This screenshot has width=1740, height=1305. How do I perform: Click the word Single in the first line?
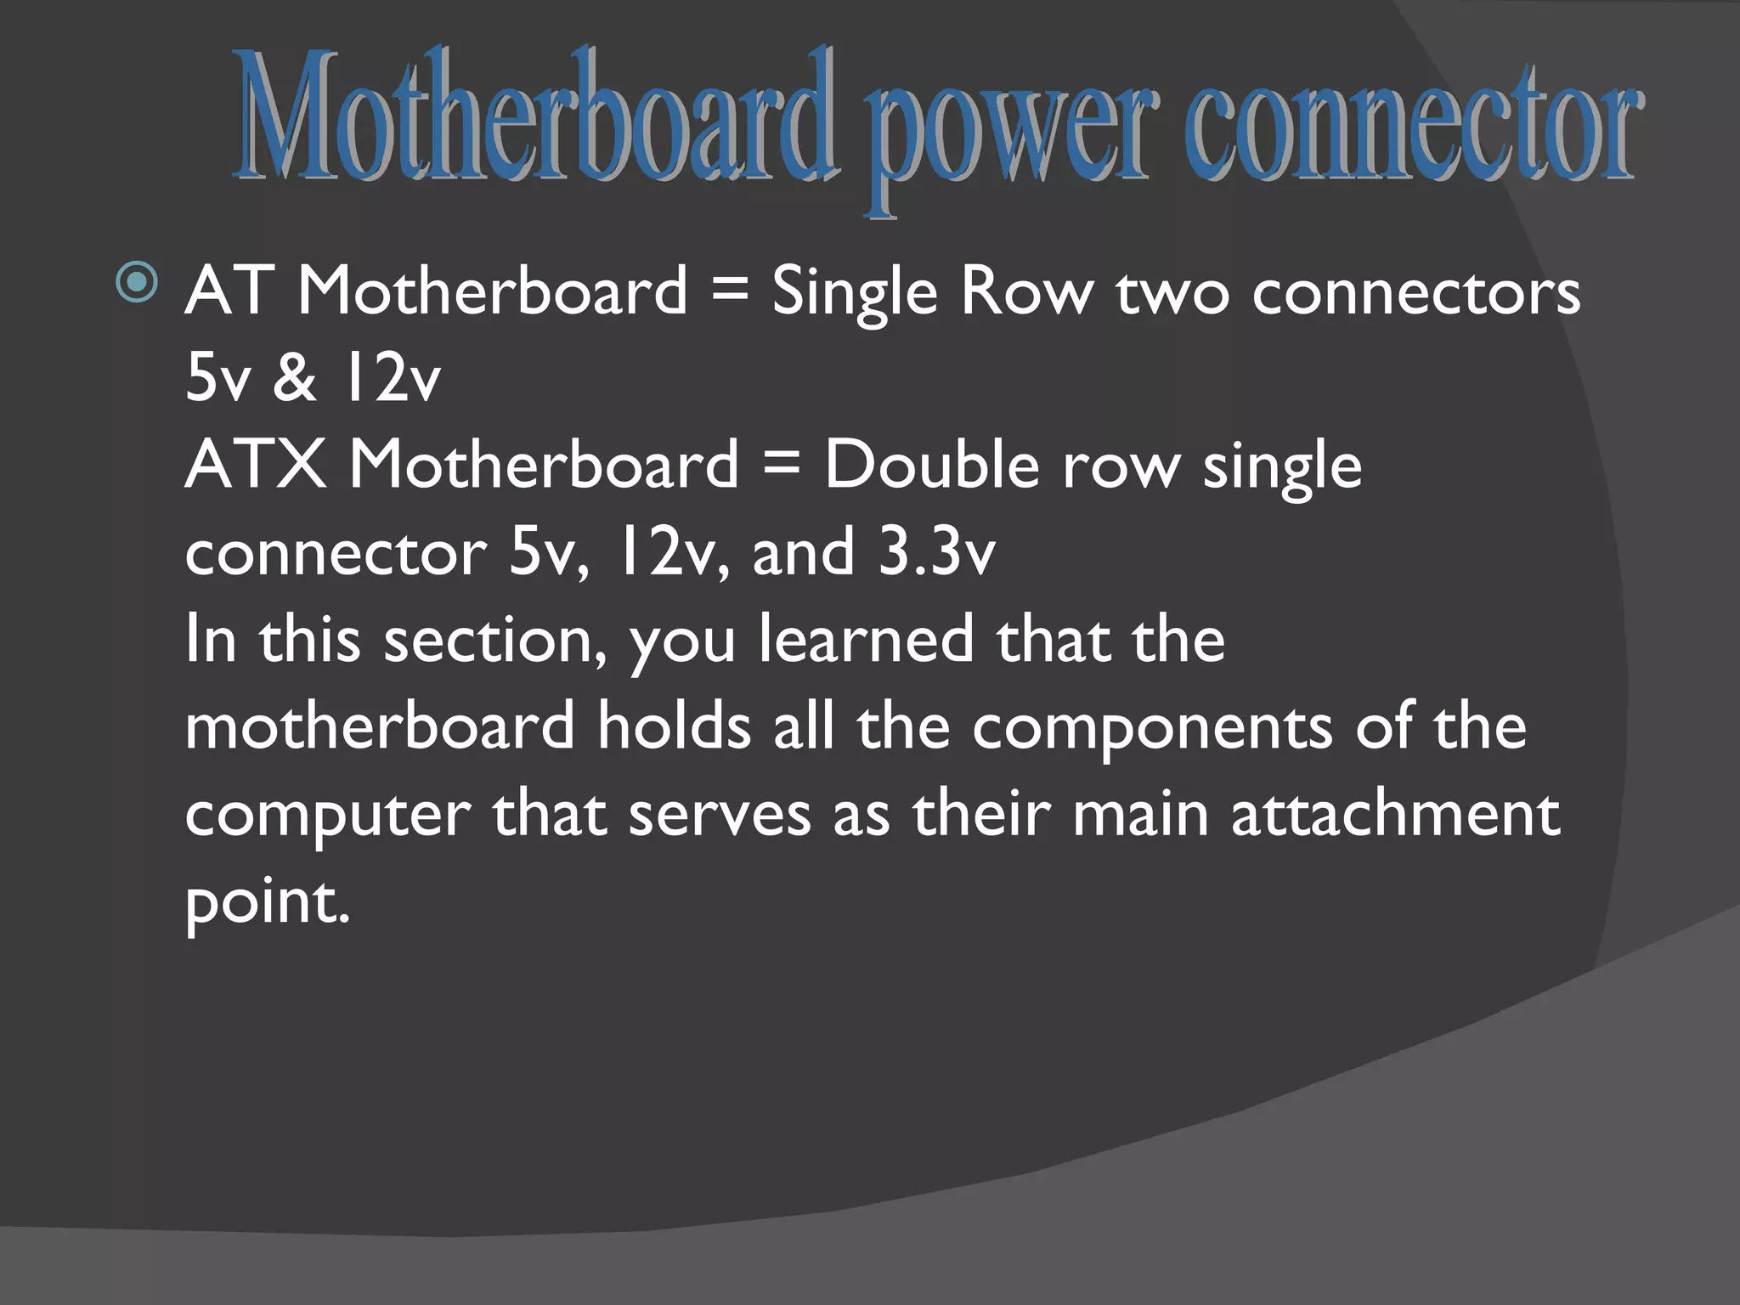click(854, 291)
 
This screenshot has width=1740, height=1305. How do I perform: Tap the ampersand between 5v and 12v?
click(295, 378)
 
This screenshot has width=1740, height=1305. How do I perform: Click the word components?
click(1152, 729)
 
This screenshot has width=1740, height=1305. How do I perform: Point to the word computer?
click(327, 816)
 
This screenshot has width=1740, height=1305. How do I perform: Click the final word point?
click(267, 902)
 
